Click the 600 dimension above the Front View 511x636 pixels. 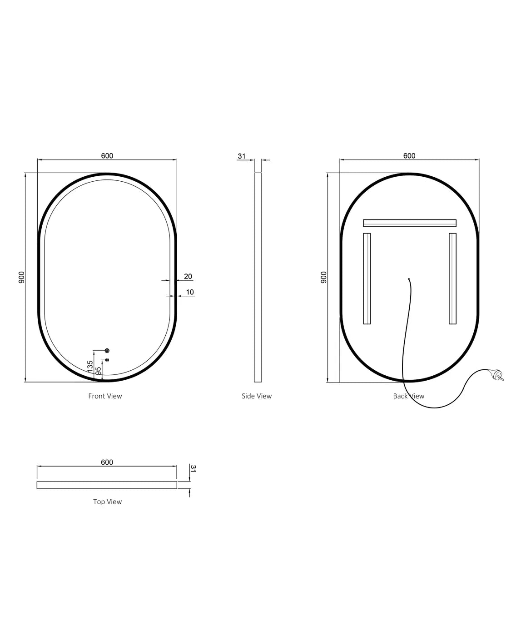coord(107,156)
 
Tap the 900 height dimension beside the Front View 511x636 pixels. coord(21,277)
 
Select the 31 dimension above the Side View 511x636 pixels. coord(242,156)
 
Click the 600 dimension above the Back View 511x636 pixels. coord(409,156)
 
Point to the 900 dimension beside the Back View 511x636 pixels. coord(323,277)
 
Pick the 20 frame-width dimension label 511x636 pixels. coord(188,276)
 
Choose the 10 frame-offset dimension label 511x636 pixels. coord(190,292)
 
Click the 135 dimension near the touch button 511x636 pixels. coord(90,366)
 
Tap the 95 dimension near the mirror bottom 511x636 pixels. coord(99,371)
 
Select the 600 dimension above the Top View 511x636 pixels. coord(107,462)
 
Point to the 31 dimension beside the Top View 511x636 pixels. coord(193,468)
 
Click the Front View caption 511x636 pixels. coord(105,396)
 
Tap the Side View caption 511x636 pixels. coord(257,396)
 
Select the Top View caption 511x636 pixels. coord(107,502)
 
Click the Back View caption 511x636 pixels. coord(408,396)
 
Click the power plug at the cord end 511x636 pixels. coord(497,375)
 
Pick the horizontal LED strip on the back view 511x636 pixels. coord(409,223)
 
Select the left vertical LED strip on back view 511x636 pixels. coord(367,278)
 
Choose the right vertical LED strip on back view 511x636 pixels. coord(452,278)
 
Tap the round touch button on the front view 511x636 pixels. coord(107,350)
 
